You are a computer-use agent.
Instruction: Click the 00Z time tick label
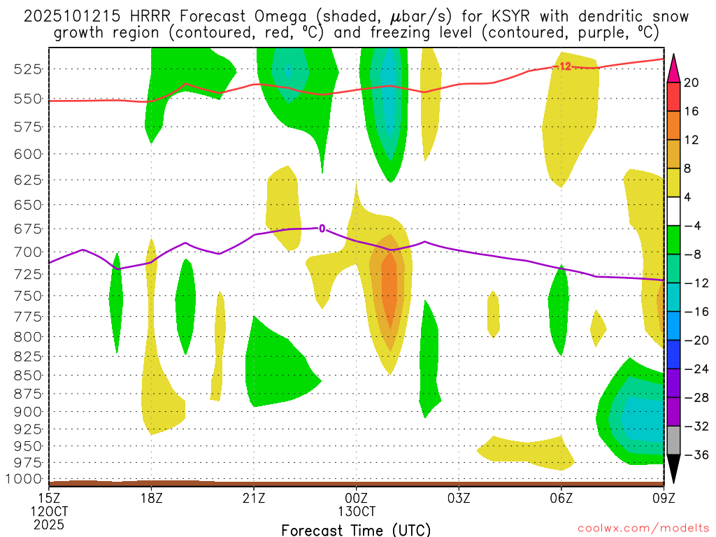click(x=357, y=498)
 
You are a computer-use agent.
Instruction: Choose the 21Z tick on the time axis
click(x=254, y=498)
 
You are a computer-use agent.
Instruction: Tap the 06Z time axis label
click(x=561, y=498)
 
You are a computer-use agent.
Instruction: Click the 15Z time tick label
click(x=49, y=498)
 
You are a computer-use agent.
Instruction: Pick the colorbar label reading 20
click(x=692, y=83)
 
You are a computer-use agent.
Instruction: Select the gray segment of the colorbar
click(x=673, y=441)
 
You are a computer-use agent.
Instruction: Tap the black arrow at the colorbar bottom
click(x=673, y=468)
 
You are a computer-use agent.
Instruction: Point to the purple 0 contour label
click(x=322, y=228)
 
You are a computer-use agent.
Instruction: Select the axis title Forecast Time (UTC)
click(x=356, y=529)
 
